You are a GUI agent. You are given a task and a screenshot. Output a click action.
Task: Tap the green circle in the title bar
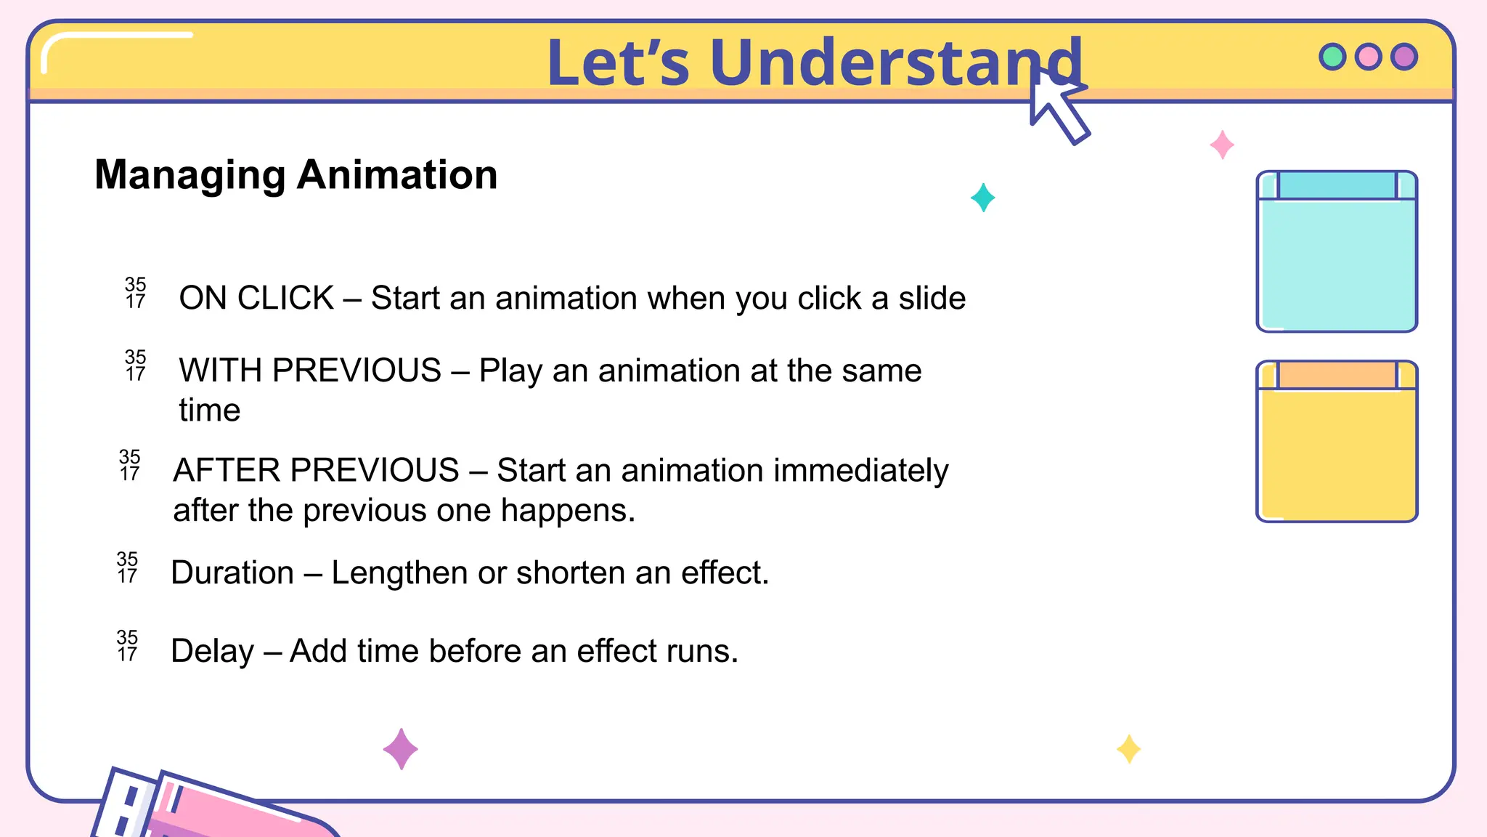coord(1332,57)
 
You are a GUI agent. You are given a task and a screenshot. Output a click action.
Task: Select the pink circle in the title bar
coord(1369,57)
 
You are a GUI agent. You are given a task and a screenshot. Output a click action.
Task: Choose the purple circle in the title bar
coord(1404,57)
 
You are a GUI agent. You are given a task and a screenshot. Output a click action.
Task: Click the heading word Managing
coord(190,176)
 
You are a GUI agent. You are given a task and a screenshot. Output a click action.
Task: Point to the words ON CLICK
coord(256,298)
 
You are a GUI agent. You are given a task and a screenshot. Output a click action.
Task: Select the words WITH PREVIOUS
coord(310,371)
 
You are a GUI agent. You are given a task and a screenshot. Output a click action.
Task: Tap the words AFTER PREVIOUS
coord(316,470)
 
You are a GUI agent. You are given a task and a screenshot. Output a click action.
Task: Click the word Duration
coord(232,573)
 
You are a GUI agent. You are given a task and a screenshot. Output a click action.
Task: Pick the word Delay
coord(212,651)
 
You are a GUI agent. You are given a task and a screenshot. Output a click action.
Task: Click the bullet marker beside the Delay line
coord(127,646)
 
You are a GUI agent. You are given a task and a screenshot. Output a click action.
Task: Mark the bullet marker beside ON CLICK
coord(135,293)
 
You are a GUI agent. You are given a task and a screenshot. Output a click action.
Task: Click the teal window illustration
coord(1337,262)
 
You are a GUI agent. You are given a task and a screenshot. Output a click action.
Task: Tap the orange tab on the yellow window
coord(1337,375)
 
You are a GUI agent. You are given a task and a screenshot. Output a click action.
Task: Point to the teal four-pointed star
coord(982,198)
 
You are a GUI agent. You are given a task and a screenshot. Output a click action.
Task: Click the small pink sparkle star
coord(1222,145)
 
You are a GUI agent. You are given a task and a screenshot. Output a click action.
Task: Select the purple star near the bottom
coord(400,749)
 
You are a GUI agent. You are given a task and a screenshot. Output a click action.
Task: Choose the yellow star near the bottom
coord(1128,749)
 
